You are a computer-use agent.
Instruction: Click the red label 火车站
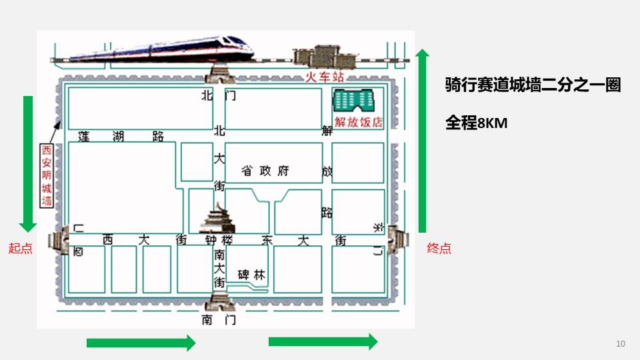324,77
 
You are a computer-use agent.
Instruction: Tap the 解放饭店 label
359,122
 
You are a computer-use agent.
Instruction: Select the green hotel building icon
355,101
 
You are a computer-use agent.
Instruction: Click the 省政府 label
265,171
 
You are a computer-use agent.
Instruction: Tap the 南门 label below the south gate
219,320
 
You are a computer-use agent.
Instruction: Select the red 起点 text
20,249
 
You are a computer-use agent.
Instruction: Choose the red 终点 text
439,249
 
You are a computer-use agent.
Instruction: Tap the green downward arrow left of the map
28,163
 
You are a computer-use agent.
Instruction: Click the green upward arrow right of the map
422,140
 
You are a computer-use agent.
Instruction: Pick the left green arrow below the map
141,343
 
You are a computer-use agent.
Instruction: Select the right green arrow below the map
323,342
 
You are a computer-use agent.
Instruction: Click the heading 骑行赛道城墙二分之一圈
533,85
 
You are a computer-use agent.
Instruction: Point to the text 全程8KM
477,123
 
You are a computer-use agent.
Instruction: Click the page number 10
621,344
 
